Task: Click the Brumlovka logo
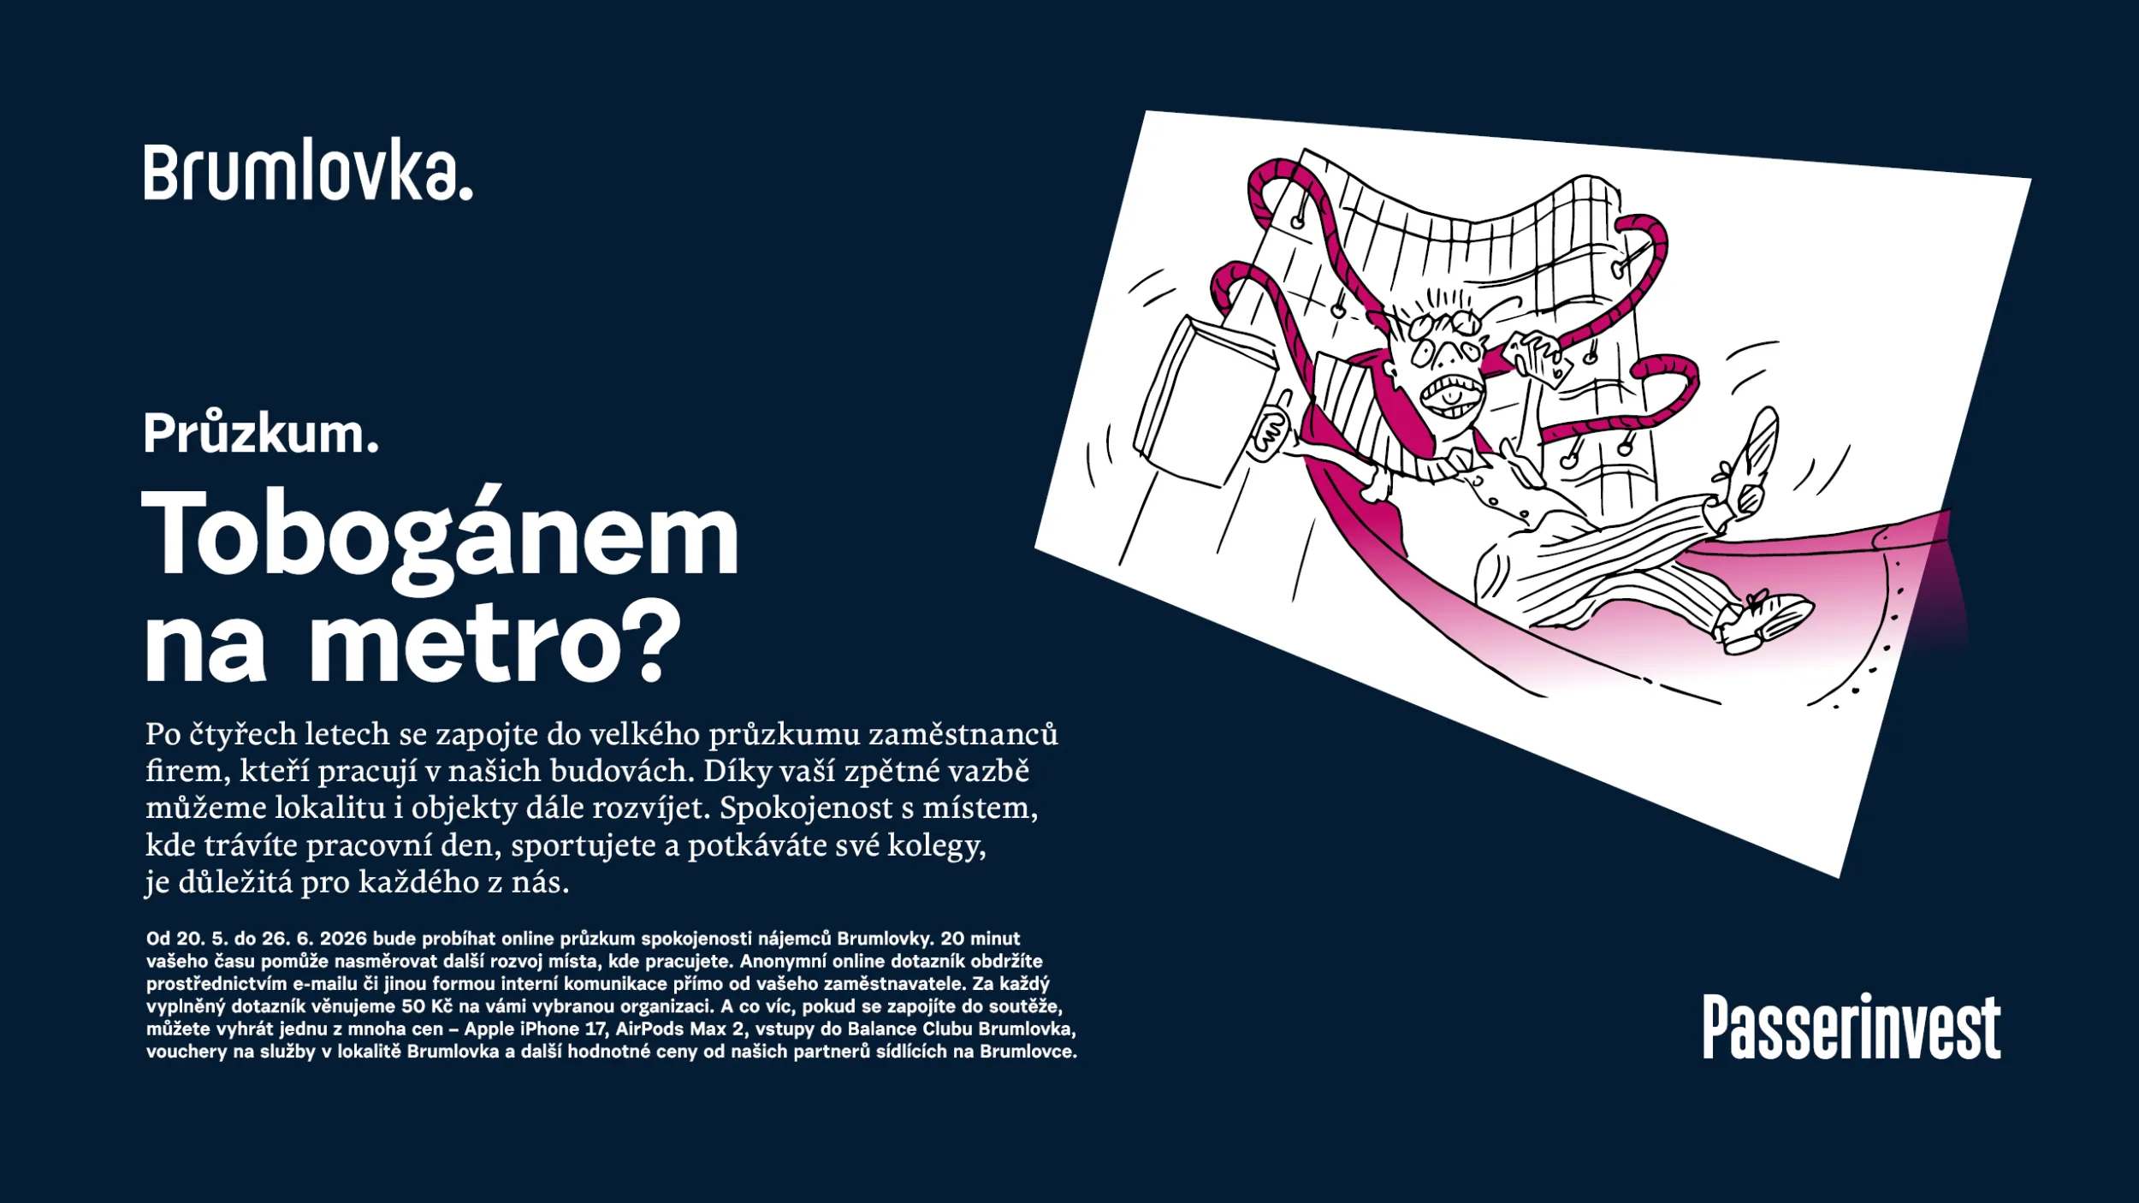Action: (x=308, y=173)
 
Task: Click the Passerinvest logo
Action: (x=1852, y=1027)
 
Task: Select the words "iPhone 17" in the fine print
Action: (x=565, y=1028)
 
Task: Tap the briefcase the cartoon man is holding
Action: (x=1202, y=402)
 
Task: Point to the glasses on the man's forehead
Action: (x=1449, y=325)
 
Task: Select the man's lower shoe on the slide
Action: (x=1764, y=622)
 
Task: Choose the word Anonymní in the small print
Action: (x=780, y=961)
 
